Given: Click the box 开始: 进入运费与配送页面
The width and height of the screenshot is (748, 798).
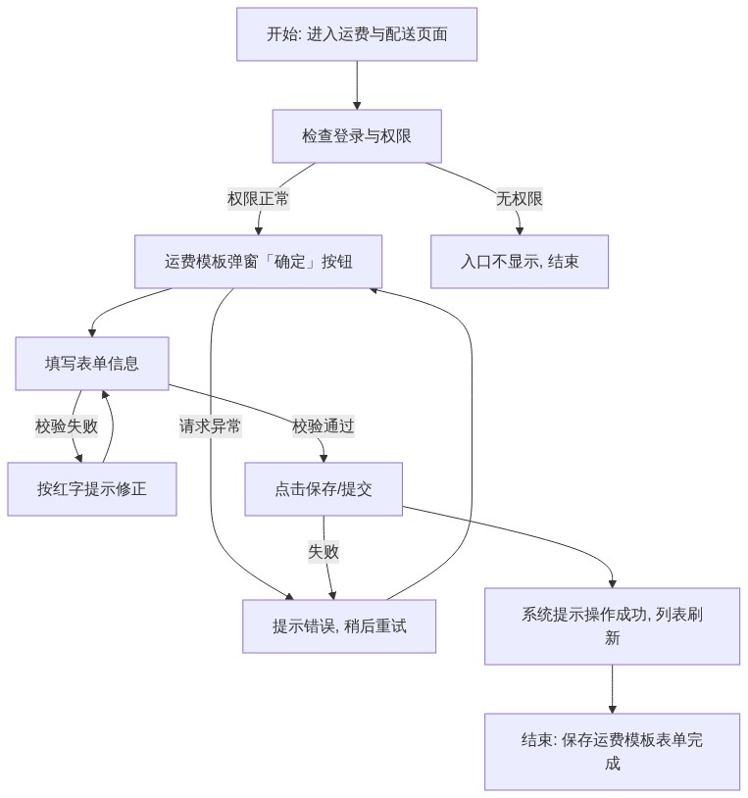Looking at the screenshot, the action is tap(357, 34).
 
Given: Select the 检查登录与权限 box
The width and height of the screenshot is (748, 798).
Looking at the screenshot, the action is tap(357, 136).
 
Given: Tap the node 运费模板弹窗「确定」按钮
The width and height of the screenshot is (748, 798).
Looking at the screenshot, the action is tap(259, 262).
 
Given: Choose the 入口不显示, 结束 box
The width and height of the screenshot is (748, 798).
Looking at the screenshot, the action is tap(520, 262).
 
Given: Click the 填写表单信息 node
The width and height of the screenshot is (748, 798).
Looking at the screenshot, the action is tap(92, 364).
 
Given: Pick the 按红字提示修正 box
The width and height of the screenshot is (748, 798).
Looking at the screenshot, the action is tap(92, 489).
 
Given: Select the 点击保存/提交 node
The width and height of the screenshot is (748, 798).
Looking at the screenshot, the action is tap(324, 489).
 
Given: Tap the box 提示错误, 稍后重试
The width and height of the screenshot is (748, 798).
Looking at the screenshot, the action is tap(339, 626).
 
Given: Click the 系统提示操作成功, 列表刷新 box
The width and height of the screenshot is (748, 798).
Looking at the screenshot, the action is tap(612, 626).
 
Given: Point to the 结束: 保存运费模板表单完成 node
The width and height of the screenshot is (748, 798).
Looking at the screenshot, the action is tap(612, 752).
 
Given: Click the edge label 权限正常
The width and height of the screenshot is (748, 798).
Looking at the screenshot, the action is tap(259, 198).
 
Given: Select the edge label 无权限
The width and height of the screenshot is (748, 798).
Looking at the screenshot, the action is tap(520, 198).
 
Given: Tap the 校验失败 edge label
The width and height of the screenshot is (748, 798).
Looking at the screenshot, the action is tap(67, 426).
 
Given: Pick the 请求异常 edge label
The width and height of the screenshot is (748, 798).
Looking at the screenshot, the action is tap(210, 426).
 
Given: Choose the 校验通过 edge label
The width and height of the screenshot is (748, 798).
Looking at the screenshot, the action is tap(324, 426).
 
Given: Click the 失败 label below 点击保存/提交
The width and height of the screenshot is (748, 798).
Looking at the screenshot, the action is tap(324, 552).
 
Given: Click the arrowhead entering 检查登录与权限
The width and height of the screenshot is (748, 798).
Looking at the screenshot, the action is tap(357, 106).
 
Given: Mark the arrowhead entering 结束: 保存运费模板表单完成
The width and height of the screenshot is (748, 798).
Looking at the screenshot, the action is tap(612, 710).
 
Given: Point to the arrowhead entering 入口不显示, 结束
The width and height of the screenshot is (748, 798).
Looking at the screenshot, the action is tap(520, 231).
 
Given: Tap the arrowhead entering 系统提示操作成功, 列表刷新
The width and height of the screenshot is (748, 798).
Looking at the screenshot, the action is tap(612, 584).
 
